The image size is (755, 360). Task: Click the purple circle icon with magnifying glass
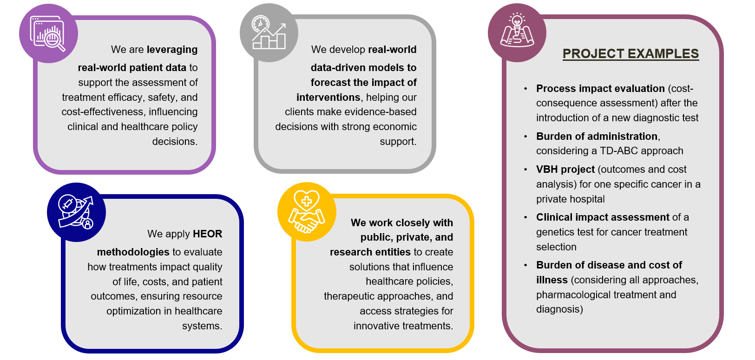pyautogui.click(x=48, y=33)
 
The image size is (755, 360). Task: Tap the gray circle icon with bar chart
pyautogui.click(x=269, y=33)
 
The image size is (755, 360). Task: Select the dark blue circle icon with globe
pyautogui.click(x=76, y=212)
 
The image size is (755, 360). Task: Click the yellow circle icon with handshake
pyautogui.click(x=307, y=212)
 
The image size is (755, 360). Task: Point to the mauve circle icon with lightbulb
pyautogui.click(x=517, y=33)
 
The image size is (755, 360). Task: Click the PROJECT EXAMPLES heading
pyautogui.click(x=630, y=54)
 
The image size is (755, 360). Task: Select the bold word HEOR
pyautogui.click(x=207, y=234)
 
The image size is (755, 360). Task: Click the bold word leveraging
pyautogui.click(x=172, y=49)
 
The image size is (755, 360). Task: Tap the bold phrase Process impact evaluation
pyautogui.click(x=600, y=88)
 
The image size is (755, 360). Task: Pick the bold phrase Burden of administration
pyautogui.click(x=597, y=136)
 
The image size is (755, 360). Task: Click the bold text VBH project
pyautogui.click(x=565, y=169)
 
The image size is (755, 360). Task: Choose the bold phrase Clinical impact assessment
pyautogui.click(x=603, y=217)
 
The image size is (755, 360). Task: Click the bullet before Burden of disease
pyautogui.click(x=525, y=265)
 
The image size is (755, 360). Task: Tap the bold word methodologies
pyautogui.click(x=133, y=252)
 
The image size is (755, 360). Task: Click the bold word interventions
pyautogui.click(x=328, y=97)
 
